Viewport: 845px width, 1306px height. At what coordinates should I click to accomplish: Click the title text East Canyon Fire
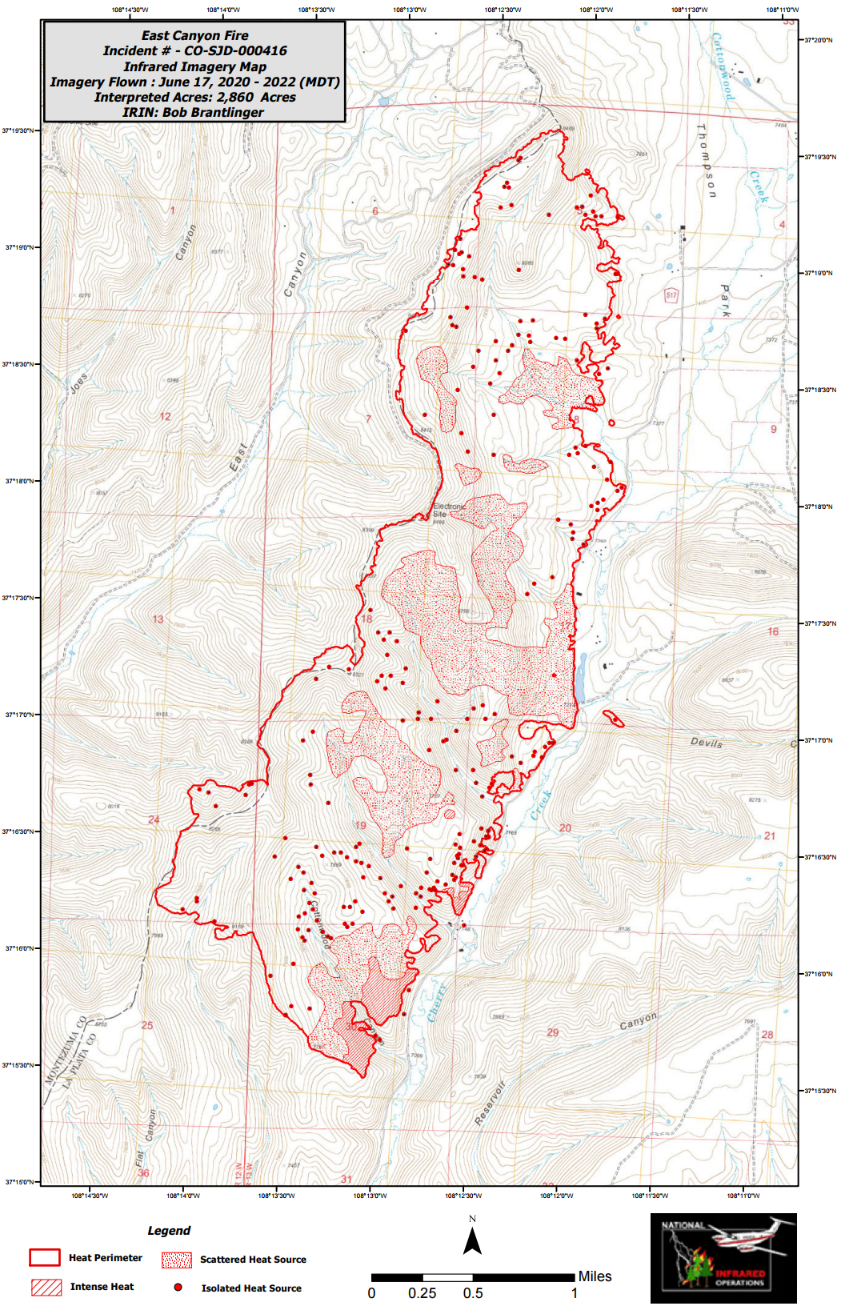tap(194, 35)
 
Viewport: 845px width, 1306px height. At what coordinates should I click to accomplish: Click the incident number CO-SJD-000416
tap(235, 50)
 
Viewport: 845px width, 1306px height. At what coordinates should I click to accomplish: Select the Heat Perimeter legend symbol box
tap(44, 1257)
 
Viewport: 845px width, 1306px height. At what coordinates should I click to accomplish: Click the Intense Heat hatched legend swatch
tap(46, 1287)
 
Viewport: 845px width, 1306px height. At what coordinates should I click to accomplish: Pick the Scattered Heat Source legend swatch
tap(176, 1260)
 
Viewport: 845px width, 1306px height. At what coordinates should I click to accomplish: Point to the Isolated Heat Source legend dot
tap(178, 1287)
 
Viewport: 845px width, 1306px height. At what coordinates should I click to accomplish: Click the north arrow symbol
tap(472, 1240)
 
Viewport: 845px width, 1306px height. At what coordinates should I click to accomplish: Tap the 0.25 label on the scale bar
tap(422, 1293)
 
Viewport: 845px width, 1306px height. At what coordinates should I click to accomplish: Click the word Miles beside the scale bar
tap(595, 1276)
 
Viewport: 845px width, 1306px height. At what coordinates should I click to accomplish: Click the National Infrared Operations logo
tap(723, 1258)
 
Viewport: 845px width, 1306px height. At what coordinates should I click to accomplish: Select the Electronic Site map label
tap(448, 511)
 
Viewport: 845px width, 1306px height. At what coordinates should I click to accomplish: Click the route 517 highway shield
tap(671, 295)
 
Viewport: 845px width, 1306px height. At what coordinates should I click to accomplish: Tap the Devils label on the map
tap(706, 743)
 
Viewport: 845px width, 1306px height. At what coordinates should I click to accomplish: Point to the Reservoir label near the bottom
tap(490, 1104)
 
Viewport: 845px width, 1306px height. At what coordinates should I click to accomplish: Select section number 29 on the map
tap(552, 1032)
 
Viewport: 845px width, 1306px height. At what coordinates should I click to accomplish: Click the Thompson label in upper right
tap(707, 160)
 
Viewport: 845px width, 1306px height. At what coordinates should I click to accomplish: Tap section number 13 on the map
tap(158, 619)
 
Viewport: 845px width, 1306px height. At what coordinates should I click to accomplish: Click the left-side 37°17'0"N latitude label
tap(19, 715)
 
